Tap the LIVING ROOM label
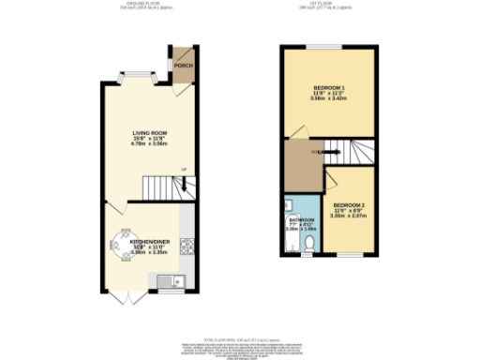point(148,133)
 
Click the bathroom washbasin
point(290,205)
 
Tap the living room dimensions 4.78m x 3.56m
point(148,145)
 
